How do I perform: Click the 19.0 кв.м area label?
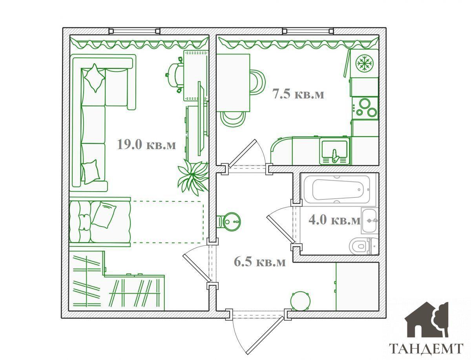click(x=146, y=144)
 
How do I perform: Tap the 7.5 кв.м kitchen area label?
click(x=298, y=94)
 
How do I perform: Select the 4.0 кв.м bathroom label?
click(x=334, y=220)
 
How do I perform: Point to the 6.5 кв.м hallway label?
click(x=260, y=261)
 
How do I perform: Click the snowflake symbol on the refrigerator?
click(x=365, y=63)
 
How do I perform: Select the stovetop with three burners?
click(x=365, y=108)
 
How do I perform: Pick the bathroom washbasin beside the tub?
click(x=369, y=221)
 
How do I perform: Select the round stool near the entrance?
click(x=300, y=301)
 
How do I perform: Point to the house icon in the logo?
click(x=426, y=319)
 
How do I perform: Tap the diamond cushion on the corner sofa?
click(x=95, y=78)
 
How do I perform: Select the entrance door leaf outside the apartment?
click(x=267, y=335)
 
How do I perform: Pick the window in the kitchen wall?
click(x=308, y=31)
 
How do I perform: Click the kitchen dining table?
click(x=233, y=82)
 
